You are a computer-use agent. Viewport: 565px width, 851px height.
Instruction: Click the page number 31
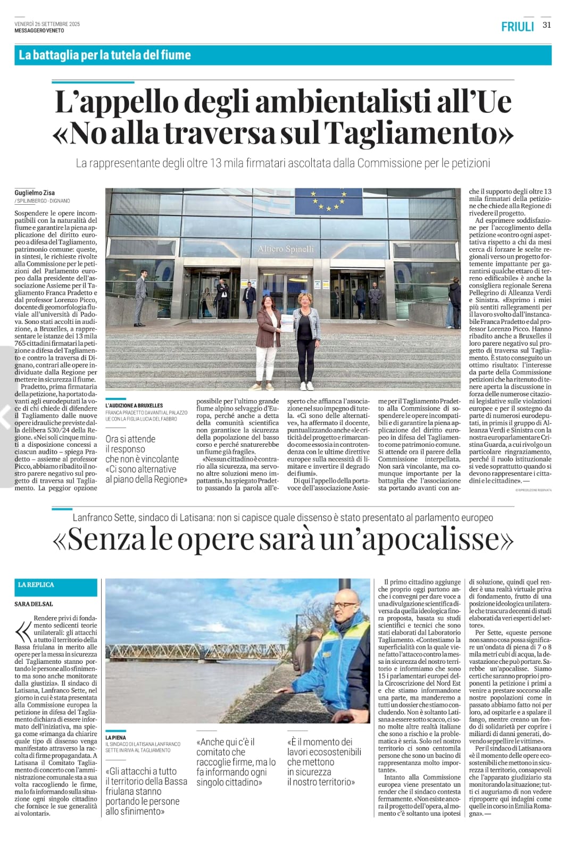[546, 25]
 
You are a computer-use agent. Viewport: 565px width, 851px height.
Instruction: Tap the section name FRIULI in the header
[517, 26]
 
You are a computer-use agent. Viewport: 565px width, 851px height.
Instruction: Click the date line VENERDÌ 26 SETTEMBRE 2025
[47, 24]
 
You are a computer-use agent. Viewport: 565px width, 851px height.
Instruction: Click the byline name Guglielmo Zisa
[35, 193]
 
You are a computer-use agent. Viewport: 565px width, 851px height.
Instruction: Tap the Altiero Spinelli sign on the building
[286, 249]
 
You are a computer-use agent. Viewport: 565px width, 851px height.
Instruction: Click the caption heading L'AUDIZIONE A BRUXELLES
[134, 405]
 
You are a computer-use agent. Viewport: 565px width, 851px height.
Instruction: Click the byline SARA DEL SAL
[34, 604]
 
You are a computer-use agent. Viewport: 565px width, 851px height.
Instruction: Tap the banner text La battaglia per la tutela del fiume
[104, 54]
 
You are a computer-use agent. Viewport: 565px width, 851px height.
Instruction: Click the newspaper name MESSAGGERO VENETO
[39, 30]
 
